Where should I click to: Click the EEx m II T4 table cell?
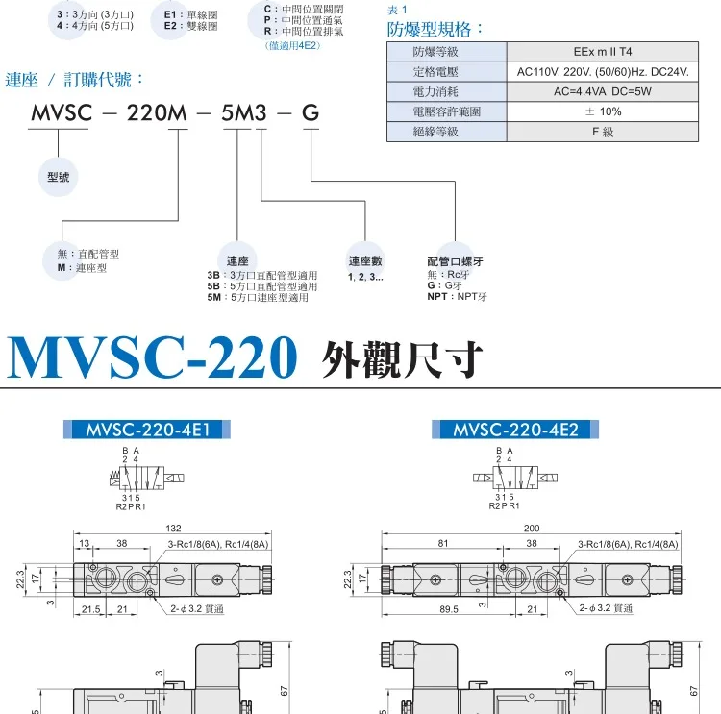click(602, 52)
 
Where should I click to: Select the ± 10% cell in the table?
click(602, 111)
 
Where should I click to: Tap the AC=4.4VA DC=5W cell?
click(602, 91)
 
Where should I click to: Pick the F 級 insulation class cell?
click(602, 132)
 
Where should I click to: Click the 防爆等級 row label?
click(435, 52)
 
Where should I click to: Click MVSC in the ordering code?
click(61, 113)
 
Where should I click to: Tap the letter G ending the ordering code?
click(311, 113)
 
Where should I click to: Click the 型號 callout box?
click(59, 177)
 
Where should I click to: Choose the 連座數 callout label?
click(365, 260)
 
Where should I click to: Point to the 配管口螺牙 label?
click(457, 260)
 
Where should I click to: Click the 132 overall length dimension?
click(174, 529)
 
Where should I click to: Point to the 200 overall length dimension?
click(532, 529)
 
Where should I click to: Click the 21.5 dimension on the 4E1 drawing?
click(91, 609)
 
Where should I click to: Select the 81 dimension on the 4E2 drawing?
click(442, 544)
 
